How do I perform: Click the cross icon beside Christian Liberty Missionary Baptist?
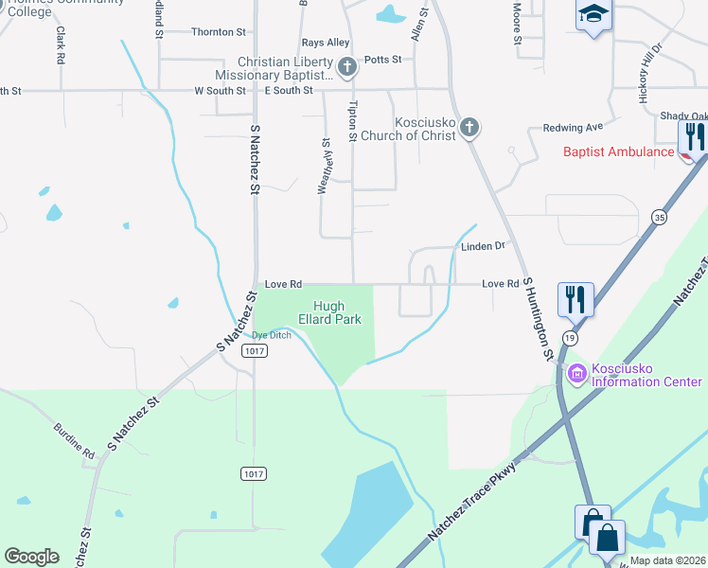[347, 67]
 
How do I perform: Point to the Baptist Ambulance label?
[618, 151]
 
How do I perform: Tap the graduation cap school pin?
[593, 15]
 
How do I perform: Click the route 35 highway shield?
[658, 218]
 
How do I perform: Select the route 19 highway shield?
[570, 337]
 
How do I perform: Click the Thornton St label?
[219, 32]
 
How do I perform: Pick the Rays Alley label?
[325, 43]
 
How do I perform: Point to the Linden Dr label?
[484, 246]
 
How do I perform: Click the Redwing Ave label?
[573, 127]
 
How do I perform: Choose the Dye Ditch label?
[272, 335]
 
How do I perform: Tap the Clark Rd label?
[60, 44]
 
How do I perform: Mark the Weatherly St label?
[325, 166]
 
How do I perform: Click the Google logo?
[31, 557]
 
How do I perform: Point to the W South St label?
[220, 91]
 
